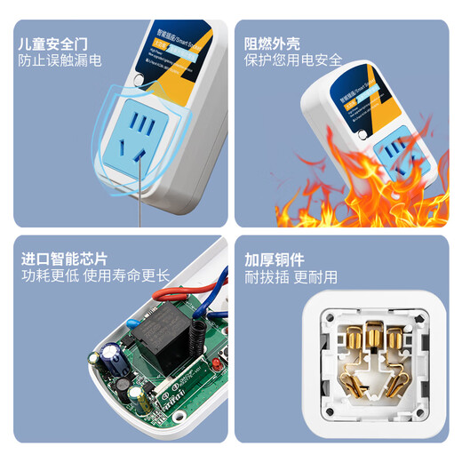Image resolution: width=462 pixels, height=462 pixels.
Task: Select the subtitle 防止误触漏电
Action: click(x=60, y=62)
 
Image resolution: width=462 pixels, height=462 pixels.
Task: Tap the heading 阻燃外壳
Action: click(x=275, y=43)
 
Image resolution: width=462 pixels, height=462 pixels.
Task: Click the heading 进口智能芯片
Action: click(x=65, y=259)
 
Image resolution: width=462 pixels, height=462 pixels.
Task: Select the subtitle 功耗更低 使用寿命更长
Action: click(x=95, y=277)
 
